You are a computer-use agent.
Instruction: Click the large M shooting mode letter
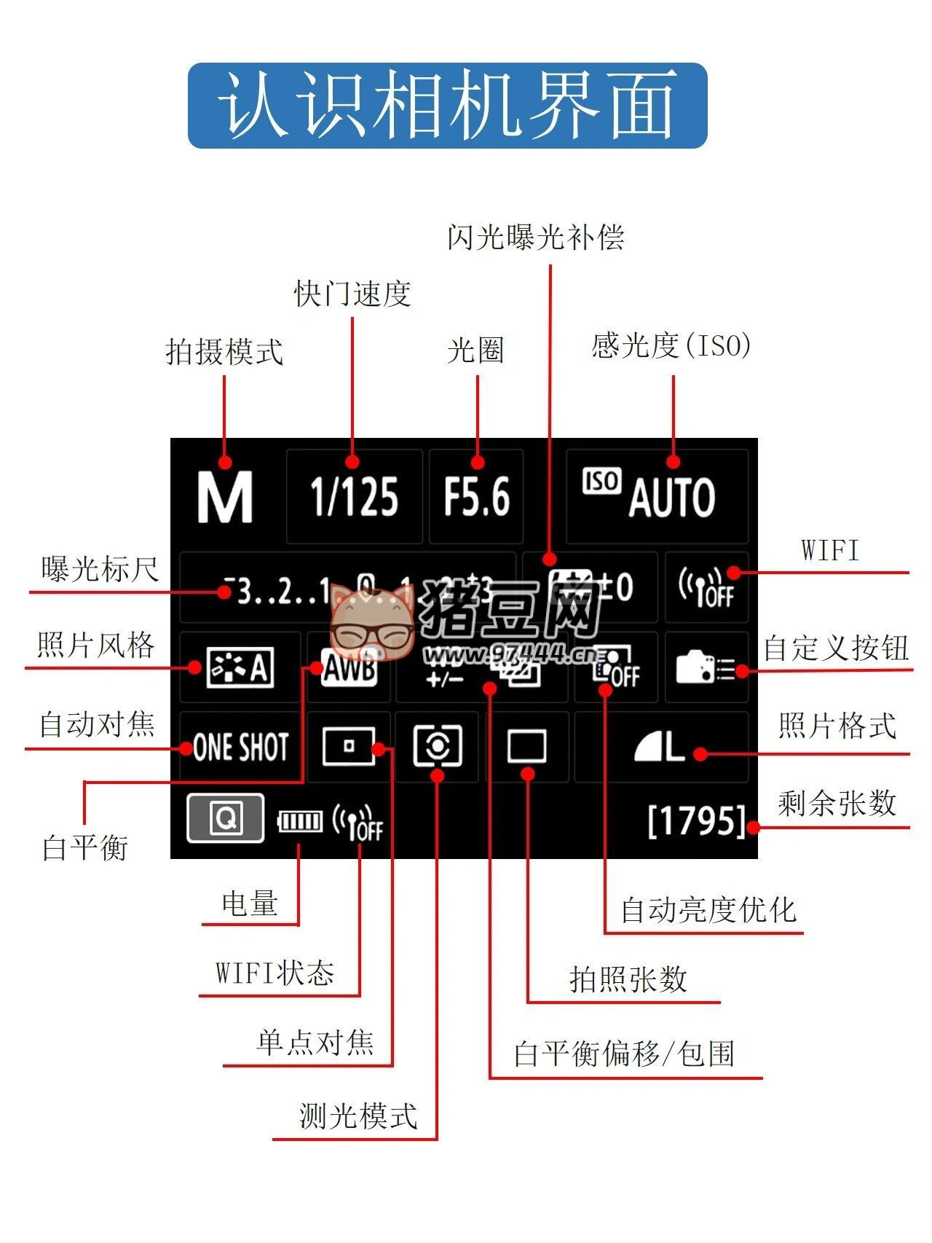tap(225, 497)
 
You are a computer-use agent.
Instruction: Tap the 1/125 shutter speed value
tap(355, 497)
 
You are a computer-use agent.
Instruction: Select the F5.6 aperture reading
tap(477, 497)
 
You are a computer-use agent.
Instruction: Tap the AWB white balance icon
tap(349, 667)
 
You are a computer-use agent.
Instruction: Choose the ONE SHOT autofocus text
tap(240, 747)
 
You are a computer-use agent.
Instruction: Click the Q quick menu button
tap(226, 819)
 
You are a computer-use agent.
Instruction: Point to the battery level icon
tap(300, 822)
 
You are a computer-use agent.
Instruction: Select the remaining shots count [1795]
tap(697, 821)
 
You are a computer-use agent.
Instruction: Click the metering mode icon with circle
tap(438, 745)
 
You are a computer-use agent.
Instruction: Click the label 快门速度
tap(352, 294)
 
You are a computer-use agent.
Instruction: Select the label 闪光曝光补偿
tap(536, 238)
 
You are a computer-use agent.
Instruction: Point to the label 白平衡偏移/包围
tap(624, 1054)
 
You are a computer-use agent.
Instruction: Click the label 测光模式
tap(358, 1115)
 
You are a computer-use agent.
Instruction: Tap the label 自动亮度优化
tap(708, 910)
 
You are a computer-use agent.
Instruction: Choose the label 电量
tap(250, 903)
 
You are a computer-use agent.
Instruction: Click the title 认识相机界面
tap(447, 106)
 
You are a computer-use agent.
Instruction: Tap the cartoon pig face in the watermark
tap(371, 623)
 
